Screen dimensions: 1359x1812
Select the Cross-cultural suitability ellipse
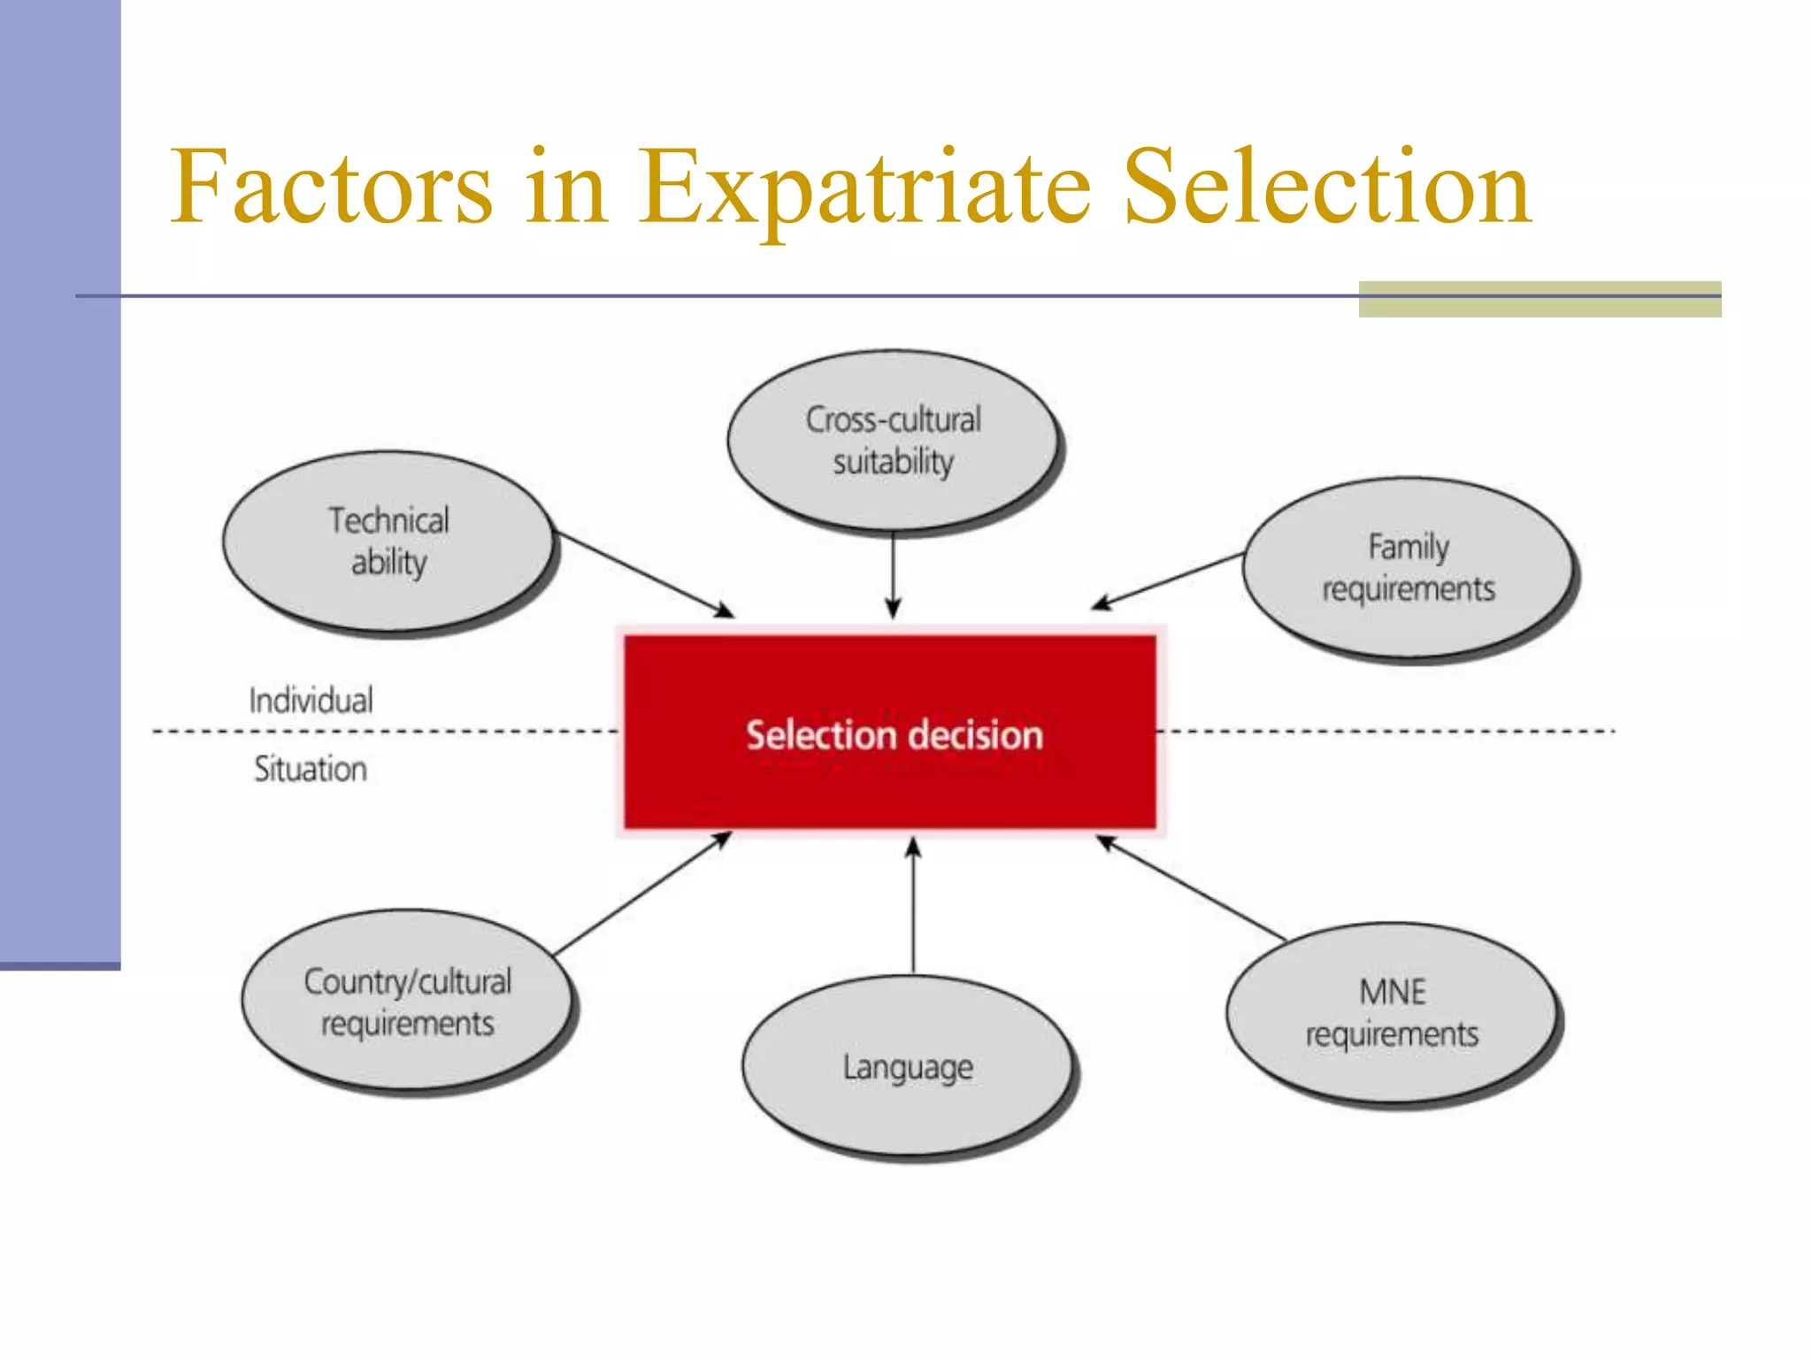coord(893,441)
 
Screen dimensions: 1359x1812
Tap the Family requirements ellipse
coord(1408,568)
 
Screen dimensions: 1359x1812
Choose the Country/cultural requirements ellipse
coord(407,1002)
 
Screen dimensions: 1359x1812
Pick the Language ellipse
coord(907,1066)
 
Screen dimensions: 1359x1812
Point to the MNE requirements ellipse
coord(1392,1013)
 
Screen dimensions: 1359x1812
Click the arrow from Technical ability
coord(643,574)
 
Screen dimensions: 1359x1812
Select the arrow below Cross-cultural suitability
coord(893,575)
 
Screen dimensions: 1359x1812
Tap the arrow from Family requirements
coord(1168,580)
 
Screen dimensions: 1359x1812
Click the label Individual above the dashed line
coord(311,701)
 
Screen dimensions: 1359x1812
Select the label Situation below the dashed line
coord(311,769)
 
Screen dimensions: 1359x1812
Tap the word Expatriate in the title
coord(864,188)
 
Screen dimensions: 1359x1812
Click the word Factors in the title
coord(331,188)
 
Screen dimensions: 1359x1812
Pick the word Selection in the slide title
coord(1326,188)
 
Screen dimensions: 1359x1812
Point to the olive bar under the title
coord(1539,299)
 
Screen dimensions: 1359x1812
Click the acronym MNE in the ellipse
coord(1393,992)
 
